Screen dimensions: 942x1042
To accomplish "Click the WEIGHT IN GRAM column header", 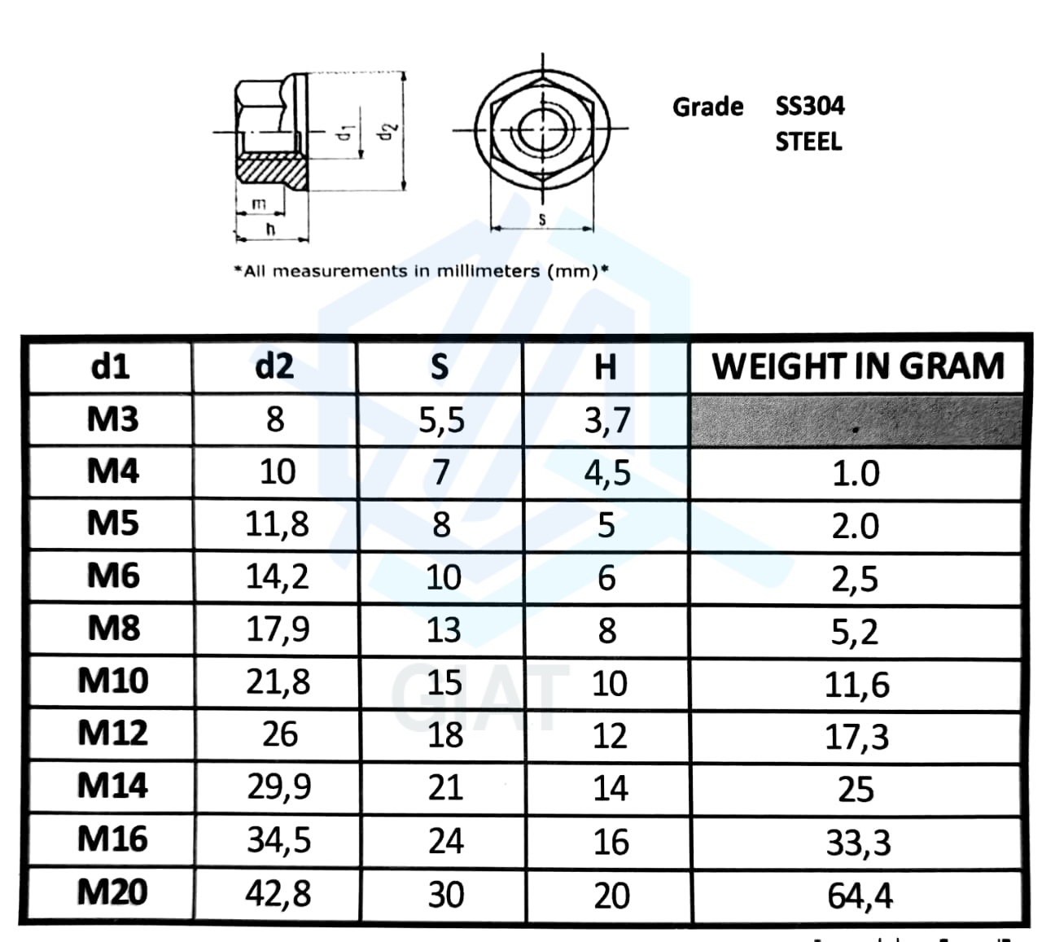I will pyautogui.click(x=857, y=366).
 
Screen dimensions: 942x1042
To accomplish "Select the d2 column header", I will pyautogui.click(x=274, y=366).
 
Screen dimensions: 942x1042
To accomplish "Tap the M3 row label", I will pyautogui.click(x=112, y=419).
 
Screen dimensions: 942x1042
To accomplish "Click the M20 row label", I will pyautogui.click(x=112, y=892).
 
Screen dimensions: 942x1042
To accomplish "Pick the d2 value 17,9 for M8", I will pyautogui.click(x=278, y=629).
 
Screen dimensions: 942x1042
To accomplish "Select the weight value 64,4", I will pyautogui.click(x=860, y=896).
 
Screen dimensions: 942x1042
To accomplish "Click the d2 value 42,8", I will pyautogui.click(x=278, y=894).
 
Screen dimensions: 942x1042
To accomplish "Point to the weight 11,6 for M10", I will pyautogui.click(x=857, y=685).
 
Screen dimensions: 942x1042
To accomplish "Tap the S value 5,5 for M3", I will pyautogui.click(x=441, y=420).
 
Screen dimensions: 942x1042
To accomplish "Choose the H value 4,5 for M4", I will pyautogui.click(x=606, y=473).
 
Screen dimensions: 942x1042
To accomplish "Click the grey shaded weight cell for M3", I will pyautogui.click(x=856, y=422).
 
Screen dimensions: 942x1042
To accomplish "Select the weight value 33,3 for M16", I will pyautogui.click(x=858, y=843).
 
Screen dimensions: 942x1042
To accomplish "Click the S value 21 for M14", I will pyautogui.click(x=445, y=788).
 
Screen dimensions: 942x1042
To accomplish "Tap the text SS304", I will pyautogui.click(x=809, y=106).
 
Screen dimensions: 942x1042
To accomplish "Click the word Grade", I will pyautogui.click(x=707, y=107).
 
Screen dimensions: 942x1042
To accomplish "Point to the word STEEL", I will pyautogui.click(x=808, y=142).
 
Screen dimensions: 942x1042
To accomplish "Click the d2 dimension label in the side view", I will pyautogui.click(x=388, y=130).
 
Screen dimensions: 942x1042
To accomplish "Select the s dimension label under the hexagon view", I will pyautogui.click(x=542, y=218).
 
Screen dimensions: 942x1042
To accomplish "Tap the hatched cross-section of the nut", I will pyautogui.click(x=272, y=172).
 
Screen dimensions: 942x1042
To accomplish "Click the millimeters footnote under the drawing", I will pyautogui.click(x=421, y=271).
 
